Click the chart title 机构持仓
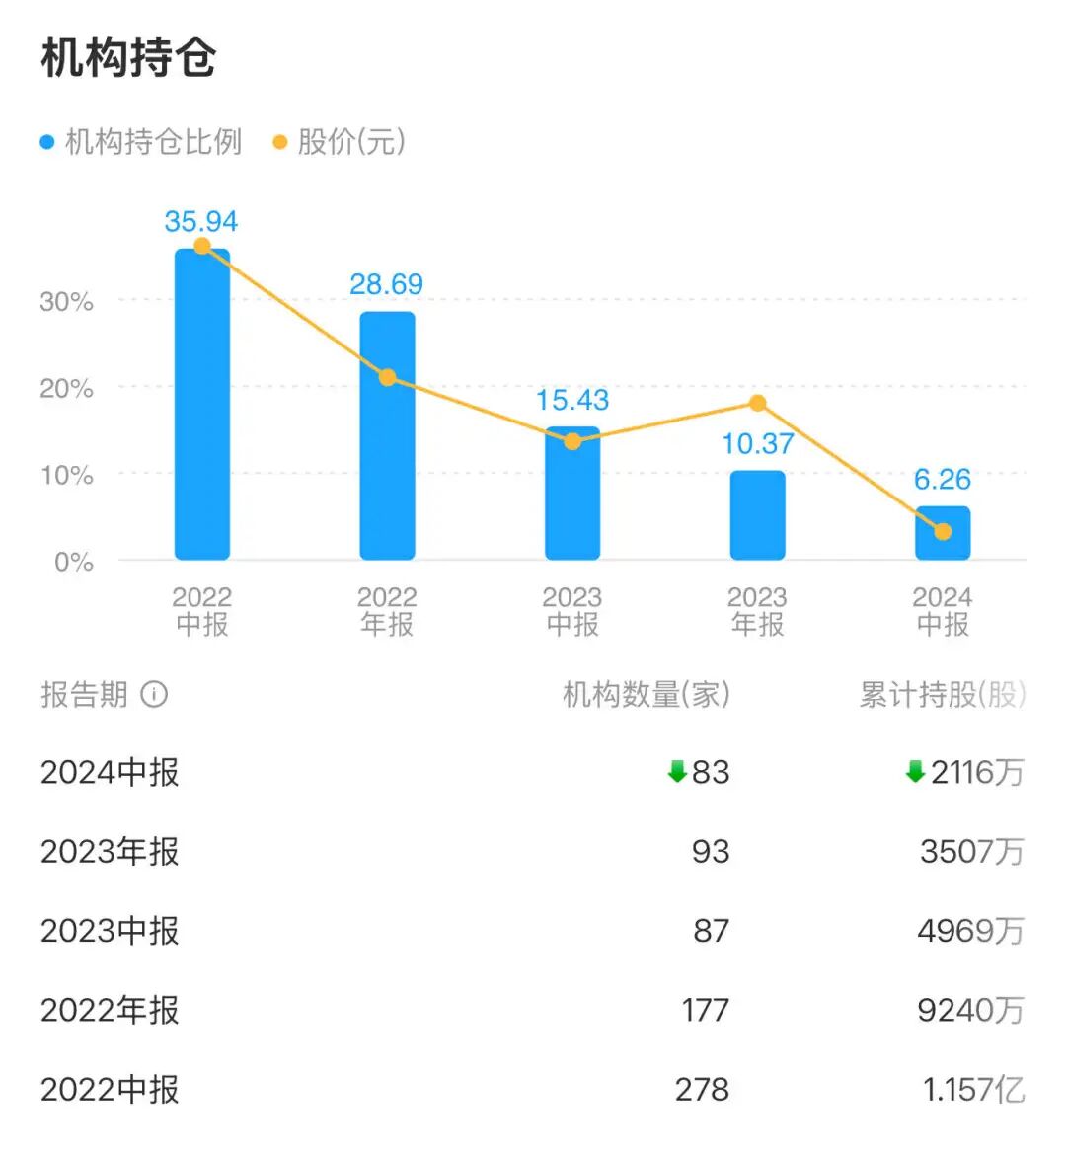tap(128, 58)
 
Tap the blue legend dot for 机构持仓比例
tap(46, 142)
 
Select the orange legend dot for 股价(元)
tap(279, 142)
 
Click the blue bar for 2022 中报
tap(202, 405)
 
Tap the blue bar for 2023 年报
tap(757, 515)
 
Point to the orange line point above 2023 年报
tap(757, 403)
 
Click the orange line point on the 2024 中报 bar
tap(943, 532)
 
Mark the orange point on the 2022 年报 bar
tap(387, 377)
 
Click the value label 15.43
tap(572, 400)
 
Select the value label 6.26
tap(943, 479)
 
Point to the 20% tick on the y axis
tap(66, 388)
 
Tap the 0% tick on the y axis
tap(73, 562)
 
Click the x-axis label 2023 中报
tap(572, 610)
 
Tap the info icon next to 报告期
tap(154, 694)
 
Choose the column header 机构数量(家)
tap(646, 694)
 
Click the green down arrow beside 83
tap(677, 772)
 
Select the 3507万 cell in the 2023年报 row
tap(971, 851)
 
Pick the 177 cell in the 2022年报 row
tap(705, 1010)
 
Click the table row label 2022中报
tap(110, 1089)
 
